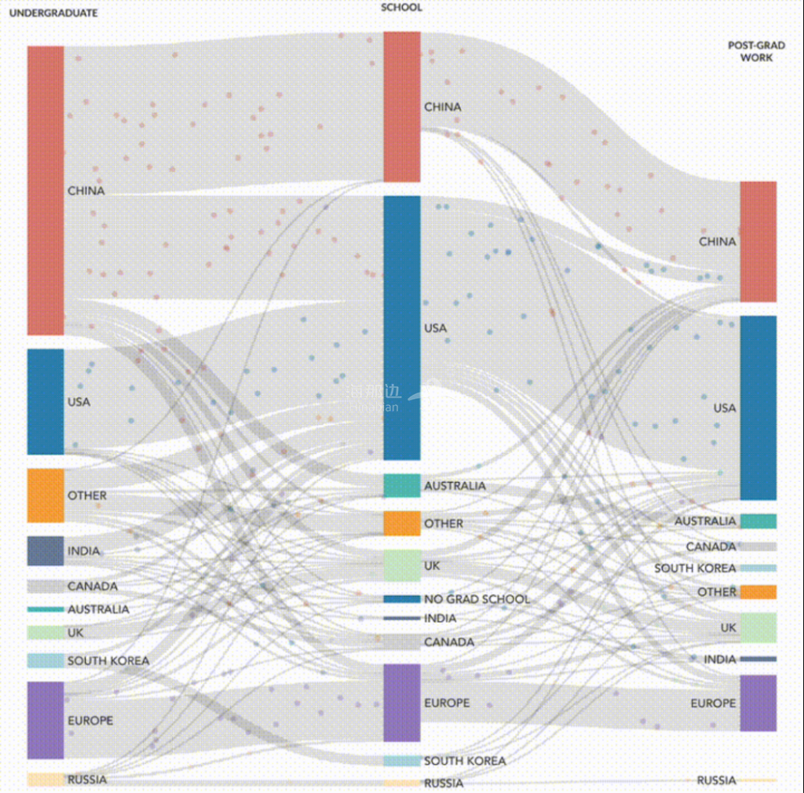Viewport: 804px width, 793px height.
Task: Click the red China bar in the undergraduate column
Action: coord(46,190)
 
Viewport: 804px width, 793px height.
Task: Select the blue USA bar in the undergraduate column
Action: coord(46,401)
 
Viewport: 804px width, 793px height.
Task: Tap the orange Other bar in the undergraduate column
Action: coord(46,495)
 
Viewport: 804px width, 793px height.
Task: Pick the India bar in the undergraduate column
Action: coord(46,550)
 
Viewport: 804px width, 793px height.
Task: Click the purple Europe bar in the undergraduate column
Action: coord(46,720)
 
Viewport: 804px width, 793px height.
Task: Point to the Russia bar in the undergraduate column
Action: coord(46,779)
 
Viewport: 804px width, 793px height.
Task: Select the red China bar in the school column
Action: coord(402,107)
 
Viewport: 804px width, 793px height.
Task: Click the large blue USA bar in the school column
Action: coord(402,327)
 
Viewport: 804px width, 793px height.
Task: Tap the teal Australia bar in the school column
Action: coord(402,485)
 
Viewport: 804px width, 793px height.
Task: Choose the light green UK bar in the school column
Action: coord(402,565)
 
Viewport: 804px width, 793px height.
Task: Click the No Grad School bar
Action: coord(402,599)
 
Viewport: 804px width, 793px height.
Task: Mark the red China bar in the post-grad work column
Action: coord(758,242)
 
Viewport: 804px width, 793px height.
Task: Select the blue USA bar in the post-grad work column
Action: coord(758,407)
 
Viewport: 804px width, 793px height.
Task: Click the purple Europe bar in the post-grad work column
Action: coord(758,703)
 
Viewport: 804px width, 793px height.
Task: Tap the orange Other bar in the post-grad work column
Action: coord(758,592)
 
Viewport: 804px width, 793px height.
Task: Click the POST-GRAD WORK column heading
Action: coord(750,52)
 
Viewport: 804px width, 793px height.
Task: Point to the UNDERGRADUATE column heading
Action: coord(53,13)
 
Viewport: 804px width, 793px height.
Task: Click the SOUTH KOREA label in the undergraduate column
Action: coord(108,661)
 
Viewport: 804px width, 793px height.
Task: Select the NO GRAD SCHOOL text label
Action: coord(477,599)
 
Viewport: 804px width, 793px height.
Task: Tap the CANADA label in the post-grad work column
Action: coord(711,546)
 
